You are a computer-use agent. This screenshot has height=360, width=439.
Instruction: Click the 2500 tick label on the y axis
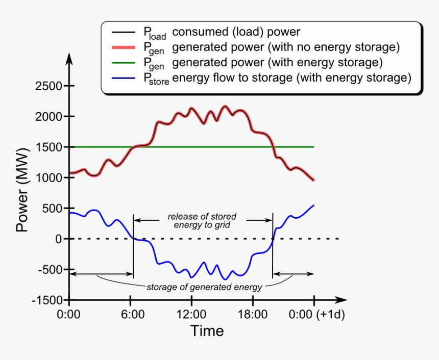coord(48,86)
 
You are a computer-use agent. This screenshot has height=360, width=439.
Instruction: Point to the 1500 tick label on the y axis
coord(48,147)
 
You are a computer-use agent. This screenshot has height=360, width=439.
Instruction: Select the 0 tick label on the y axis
coord(58,239)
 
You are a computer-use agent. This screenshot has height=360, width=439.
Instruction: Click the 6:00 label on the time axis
coord(131,315)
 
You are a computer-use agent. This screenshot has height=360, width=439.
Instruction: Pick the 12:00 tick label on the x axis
coord(191,315)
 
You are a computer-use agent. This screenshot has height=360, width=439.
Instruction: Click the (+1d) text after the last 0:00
coord(331,315)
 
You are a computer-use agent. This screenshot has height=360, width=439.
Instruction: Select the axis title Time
coord(207,331)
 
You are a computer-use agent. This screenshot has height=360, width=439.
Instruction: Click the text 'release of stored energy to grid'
coord(202,220)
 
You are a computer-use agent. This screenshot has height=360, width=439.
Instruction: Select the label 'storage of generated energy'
coord(204,287)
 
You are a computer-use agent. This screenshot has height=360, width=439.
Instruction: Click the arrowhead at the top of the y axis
coord(70,57)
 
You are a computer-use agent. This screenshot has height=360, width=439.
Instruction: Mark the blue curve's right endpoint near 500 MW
coord(313,205)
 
